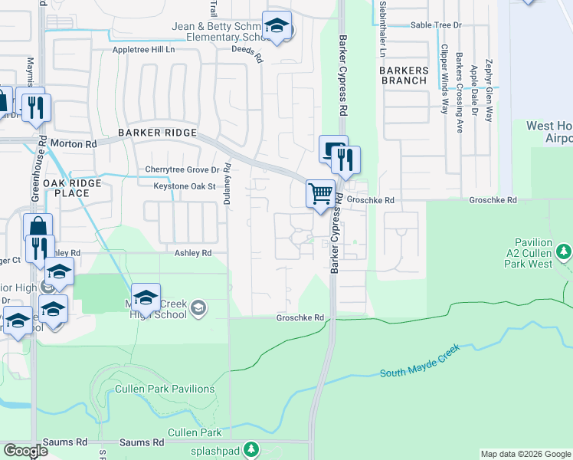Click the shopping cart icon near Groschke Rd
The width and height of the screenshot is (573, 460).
pyautogui.click(x=320, y=193)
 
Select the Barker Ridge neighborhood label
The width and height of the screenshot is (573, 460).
pyautogui.click(x=158, y=133)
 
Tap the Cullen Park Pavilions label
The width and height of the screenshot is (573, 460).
pyautogui.click(x=165, y=389)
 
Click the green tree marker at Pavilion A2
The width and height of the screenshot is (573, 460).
pyautogui.click(x=564, y=251)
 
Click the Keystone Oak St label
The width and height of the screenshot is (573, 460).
pyautogui.click(x=175, y=186)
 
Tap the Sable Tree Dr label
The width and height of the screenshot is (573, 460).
pyautogui.click(x=437, y=25)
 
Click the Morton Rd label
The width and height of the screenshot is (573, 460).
pyautogui.click(x=80, y=143)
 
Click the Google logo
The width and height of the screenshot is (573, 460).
pyautogui.click(x=26, y=451)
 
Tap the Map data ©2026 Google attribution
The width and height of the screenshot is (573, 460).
pyautogui.click(x=525, y=454)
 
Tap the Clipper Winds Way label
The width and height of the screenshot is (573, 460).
pyautogui.click(x=444, y=78)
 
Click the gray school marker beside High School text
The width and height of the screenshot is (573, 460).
pyautogui.click(x=198, y=308)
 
